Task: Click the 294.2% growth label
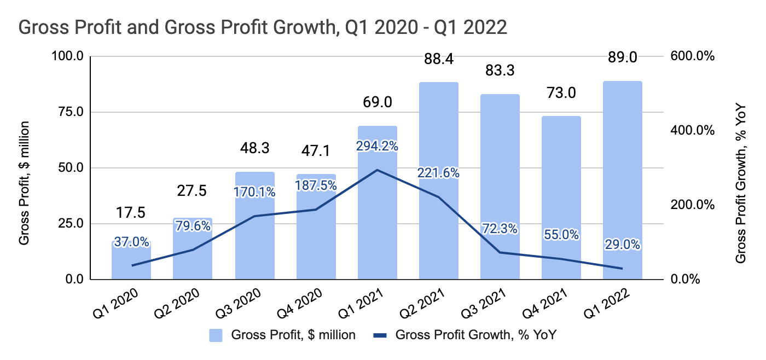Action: [378, 146]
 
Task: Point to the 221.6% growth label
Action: [439, 172]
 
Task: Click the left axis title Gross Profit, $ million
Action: [25, 183]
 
